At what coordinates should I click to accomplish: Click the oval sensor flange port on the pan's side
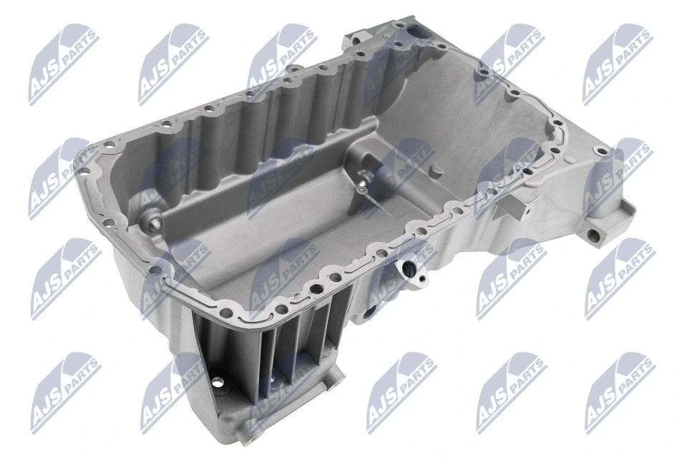click(x=409, y=270)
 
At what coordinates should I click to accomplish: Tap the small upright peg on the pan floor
click(x=435, y=172)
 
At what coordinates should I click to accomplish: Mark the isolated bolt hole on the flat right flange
click(x=602, y=152)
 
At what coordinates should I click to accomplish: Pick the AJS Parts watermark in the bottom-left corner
click(x=65, y=393)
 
